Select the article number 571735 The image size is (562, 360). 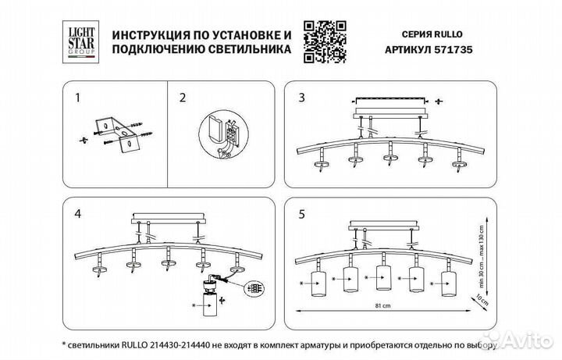pos(456,48)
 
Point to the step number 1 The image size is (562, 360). pos(76,98)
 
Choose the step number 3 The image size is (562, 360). pos(302,98)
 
